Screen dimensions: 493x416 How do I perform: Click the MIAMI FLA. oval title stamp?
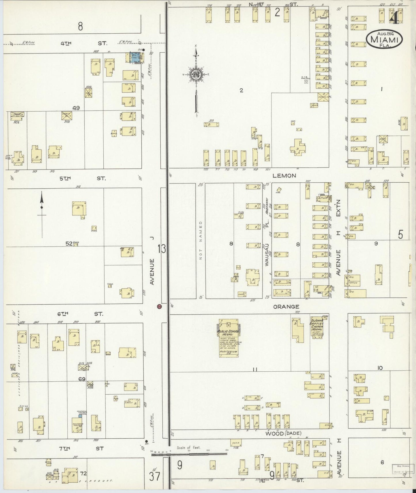[x=384, y=39]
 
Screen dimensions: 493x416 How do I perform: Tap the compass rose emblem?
[x=196, y=74]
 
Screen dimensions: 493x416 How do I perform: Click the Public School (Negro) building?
[x=229, y=338]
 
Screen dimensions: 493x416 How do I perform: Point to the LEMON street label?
[x=285, y=175]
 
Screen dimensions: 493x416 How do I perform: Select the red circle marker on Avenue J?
[x=159, y=307]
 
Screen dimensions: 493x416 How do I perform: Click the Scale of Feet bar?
[x=189, y=454]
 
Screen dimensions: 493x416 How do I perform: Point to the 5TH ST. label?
[x=83, y=178]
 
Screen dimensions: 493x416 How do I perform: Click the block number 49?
[x=76, y=108]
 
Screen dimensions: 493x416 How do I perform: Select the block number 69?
[x=82, y=379]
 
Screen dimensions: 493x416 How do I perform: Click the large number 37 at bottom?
[x=155, y=477]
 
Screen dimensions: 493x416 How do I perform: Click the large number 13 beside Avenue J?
[x=162, y=249]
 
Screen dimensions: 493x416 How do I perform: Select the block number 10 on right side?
[x=380, y=368]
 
